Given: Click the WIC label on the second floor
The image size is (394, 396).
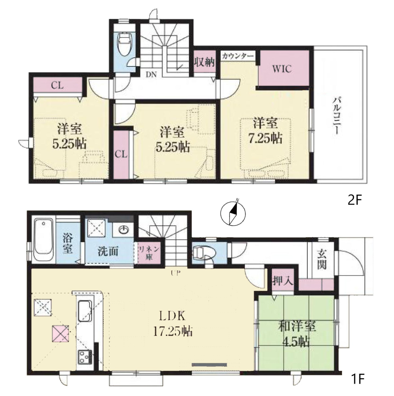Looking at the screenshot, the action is point(282,69).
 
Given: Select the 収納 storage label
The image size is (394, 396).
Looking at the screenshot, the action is point(204,61).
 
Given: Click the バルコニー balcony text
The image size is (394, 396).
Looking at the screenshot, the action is point(336,115).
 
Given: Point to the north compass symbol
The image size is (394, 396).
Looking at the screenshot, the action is point(233,212).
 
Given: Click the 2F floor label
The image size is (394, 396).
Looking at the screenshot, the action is point(355,200).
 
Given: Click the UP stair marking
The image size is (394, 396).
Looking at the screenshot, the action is point(175,273).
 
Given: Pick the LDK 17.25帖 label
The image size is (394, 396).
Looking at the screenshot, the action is point(173,323).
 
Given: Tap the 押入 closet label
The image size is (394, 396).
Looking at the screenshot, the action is point(283,280).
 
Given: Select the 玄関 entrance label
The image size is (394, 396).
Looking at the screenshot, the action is point(322,259).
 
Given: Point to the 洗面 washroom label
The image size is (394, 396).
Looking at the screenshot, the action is point(108,252).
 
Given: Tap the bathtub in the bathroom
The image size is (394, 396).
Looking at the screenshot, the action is point(44,240).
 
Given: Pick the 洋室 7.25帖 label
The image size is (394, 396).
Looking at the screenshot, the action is point(265,131).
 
